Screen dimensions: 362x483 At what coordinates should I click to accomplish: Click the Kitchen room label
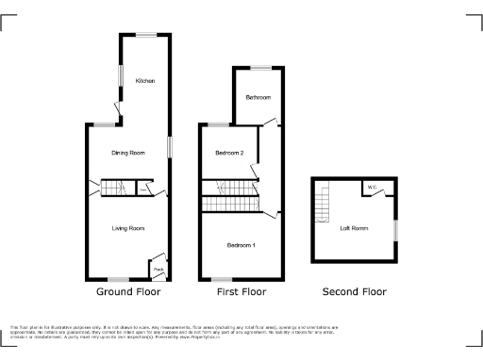144,81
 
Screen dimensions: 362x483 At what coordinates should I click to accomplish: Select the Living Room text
128,228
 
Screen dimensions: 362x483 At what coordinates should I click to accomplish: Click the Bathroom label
258,98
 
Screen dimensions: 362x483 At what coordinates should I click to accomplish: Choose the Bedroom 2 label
229,153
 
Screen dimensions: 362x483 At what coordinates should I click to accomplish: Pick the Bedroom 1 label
240,246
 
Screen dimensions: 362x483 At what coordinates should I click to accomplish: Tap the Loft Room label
354,228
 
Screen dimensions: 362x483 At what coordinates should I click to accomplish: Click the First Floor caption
240,292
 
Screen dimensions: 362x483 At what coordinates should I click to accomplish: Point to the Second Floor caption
354,292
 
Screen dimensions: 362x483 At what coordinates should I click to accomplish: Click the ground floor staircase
114,189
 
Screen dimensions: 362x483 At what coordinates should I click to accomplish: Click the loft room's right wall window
395,228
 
